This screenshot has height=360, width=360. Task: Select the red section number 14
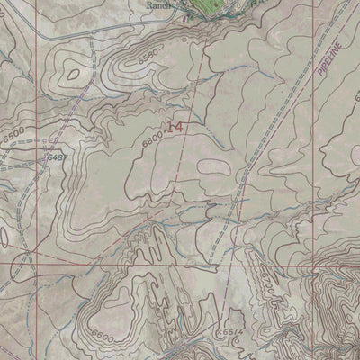coord(173,127)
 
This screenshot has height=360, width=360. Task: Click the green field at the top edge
coord(220,4)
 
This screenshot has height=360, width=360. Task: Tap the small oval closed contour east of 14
coord(212,166)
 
